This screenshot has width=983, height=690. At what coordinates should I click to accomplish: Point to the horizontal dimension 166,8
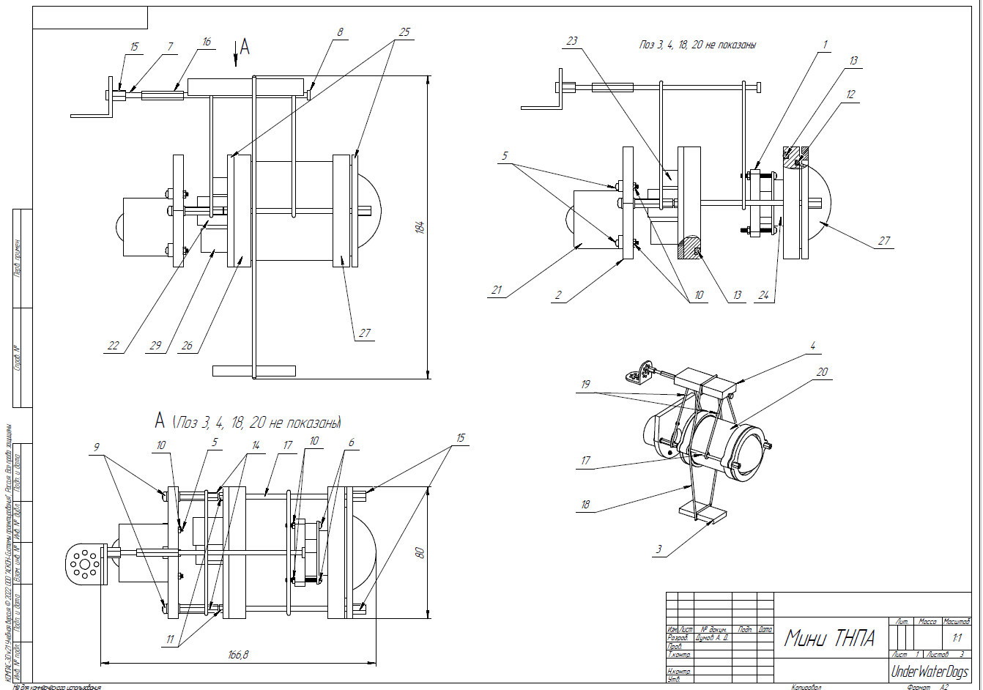[238, 655]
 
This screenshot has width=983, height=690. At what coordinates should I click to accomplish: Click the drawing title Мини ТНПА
[830, 638]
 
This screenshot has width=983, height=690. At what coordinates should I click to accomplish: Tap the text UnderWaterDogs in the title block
[930, 672]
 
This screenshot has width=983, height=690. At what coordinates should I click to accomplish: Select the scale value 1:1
[957, 638]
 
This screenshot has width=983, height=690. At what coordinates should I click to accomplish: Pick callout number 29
[154, 346]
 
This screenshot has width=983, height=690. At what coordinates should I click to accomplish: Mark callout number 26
[187, 346]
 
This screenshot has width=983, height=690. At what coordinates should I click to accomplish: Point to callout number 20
[822, 372]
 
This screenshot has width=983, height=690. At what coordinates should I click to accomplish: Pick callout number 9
[96, 445]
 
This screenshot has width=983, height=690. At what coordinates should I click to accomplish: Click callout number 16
[207, 42]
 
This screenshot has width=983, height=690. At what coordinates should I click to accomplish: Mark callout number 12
[850, 94]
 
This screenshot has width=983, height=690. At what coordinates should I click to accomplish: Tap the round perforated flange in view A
[85, 564]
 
